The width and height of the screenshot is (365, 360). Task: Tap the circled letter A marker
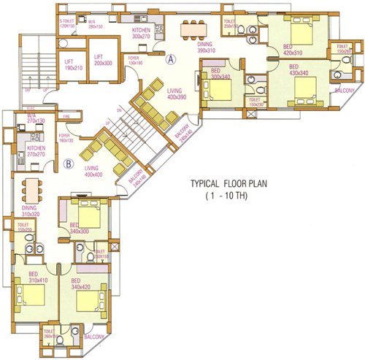coord(172,60)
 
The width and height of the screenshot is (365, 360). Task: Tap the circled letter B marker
coord(68,164)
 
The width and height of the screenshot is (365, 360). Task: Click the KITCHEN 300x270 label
coord(141,32)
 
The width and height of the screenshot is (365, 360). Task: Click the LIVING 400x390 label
coord(177,93)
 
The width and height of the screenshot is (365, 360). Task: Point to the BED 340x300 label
coord(79,229)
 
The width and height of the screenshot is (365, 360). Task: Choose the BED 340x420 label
coord(80,284)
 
